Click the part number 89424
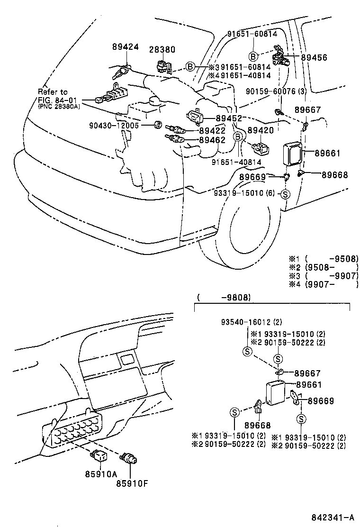tap(126, 47)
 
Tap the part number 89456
tap(301, 57)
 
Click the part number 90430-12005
tap(114, 126)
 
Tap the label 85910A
tap(101, 473)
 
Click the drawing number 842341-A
tap(331, 517)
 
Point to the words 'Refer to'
tap(53, 91)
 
